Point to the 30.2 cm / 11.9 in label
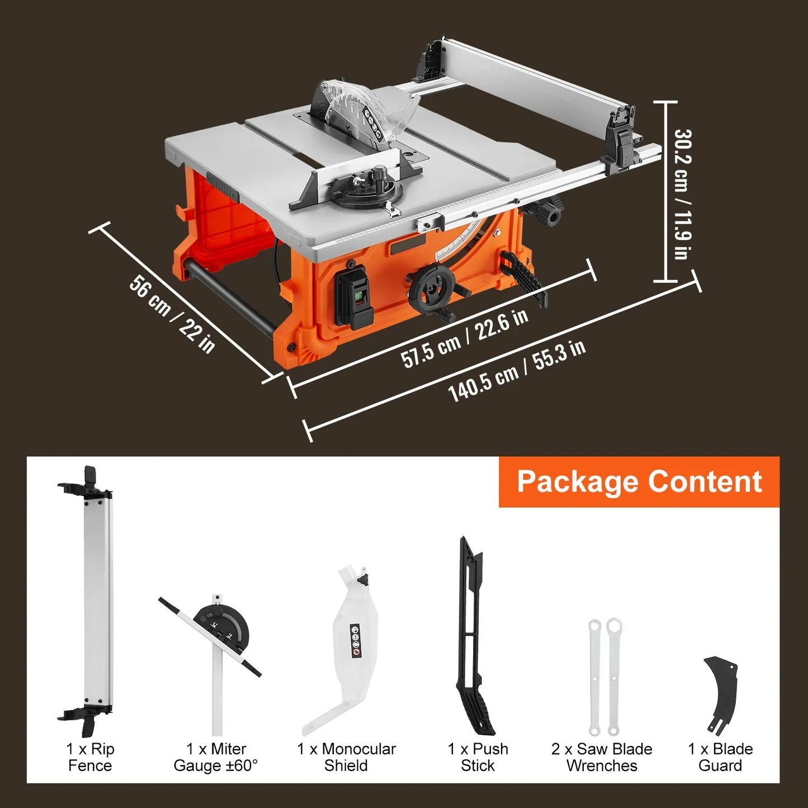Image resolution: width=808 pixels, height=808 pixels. tap(682, 194)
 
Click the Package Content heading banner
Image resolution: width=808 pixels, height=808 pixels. tap(639, 482)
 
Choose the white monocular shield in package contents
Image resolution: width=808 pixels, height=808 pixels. tap(349, 643)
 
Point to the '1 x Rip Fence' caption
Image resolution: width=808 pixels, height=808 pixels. tap(90, 757)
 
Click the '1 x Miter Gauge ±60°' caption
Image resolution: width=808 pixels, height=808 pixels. tap(216, 757)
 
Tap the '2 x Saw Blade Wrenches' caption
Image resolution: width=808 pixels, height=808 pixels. tap(602, 757)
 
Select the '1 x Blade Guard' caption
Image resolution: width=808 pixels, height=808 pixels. tap(720, 757)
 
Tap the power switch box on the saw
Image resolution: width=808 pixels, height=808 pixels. tap(353, 296)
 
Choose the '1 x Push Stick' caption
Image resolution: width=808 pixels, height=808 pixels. tap(478, 757)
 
